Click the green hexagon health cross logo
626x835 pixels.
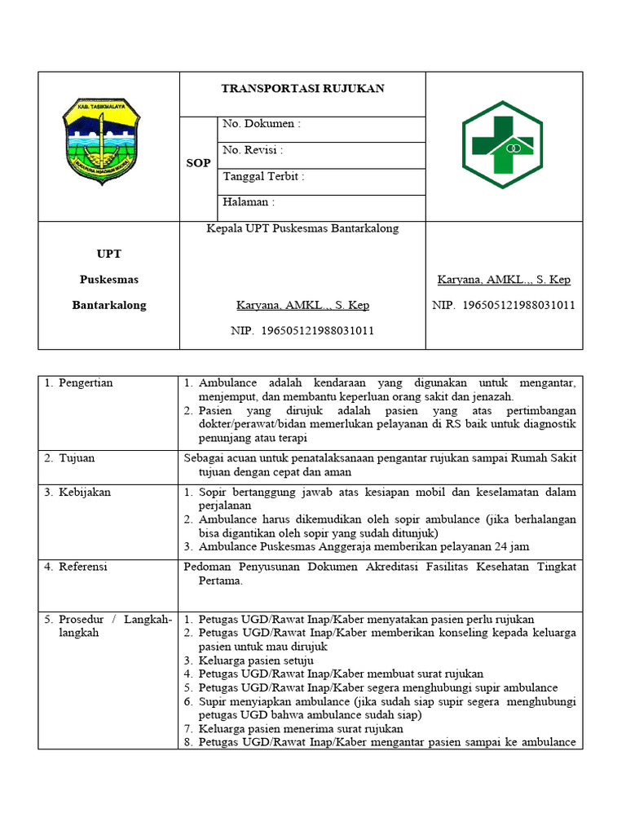503,145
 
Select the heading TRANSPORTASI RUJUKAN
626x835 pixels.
303,88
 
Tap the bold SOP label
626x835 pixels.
198,163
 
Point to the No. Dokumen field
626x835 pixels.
262,124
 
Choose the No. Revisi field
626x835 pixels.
253,150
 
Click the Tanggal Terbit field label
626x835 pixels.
263,176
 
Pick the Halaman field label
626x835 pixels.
249,202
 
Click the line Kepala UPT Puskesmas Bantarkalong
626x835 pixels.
302,228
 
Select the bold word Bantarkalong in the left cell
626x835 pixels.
109,305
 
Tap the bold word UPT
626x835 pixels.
109,254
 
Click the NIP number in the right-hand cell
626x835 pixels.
503,305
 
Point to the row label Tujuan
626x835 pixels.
77,458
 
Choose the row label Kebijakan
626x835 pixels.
84,493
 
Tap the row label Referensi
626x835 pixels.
82,566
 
